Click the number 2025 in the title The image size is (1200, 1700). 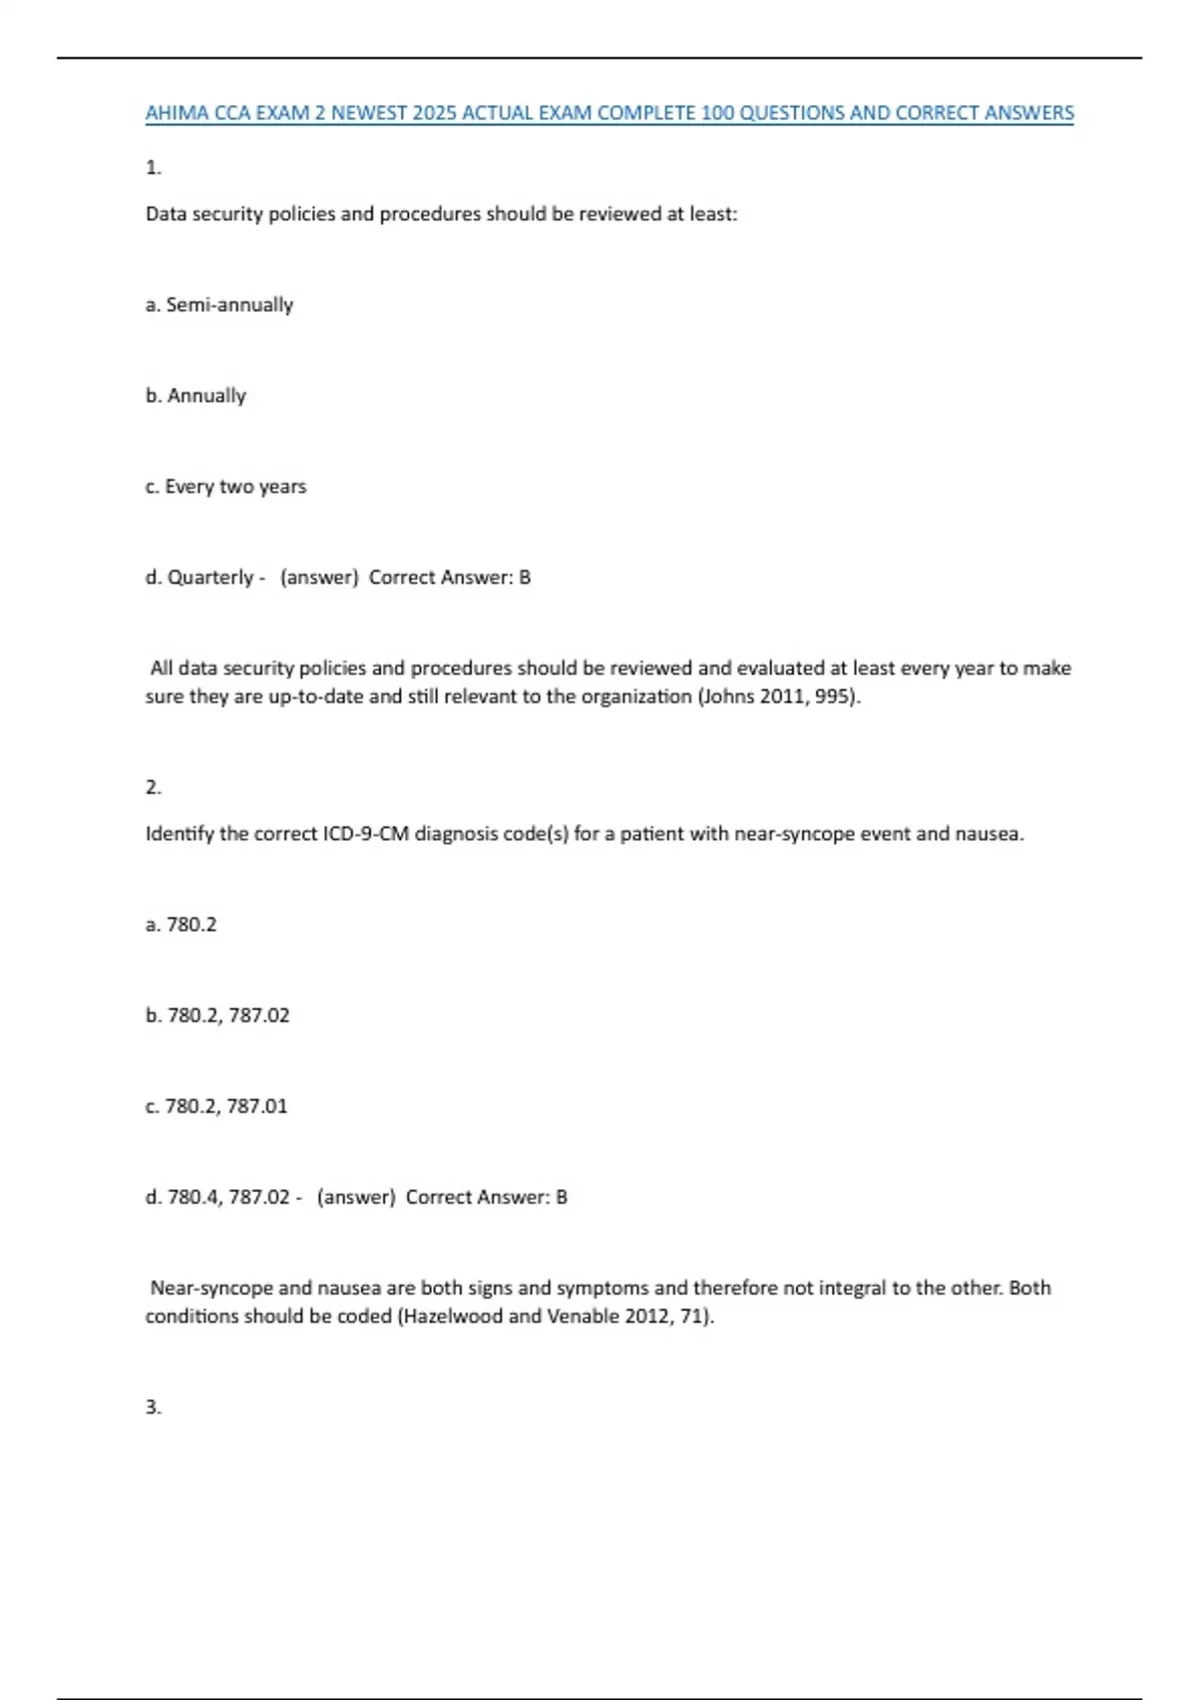[x=434, y=113]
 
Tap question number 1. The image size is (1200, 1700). [x=153, y=168]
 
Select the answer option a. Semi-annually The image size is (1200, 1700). [x=219, y=305]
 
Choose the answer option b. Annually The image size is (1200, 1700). [x=195, y=396]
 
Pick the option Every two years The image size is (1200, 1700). [x=235, y=487]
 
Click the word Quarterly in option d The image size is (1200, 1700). [x=210, y=578]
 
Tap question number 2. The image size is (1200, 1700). [x=153, y=788]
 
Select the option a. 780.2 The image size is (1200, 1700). [x=181, y=925]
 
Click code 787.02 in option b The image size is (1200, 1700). [x=259, y=1016]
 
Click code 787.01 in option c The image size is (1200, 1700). [x=257, y=1107]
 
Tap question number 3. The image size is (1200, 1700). [x=153, y=1408]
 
